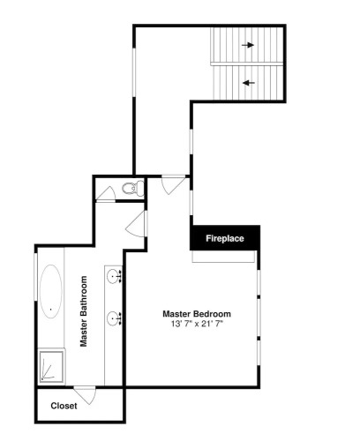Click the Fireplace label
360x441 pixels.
225,238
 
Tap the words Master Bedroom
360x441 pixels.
197,314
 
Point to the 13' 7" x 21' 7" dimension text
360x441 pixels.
197,324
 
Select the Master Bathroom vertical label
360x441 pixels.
84,311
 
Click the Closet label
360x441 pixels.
64,406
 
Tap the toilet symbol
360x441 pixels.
133,188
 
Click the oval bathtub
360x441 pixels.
51,291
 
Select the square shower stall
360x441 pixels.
51,366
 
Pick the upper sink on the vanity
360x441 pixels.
113,276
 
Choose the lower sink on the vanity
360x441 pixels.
113,318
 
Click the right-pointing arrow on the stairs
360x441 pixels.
248,45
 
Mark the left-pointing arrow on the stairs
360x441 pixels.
249,83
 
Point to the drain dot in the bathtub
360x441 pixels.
51,310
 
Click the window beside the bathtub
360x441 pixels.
35,277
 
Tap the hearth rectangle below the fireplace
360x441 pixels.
223,256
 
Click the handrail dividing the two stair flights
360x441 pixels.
247,64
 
